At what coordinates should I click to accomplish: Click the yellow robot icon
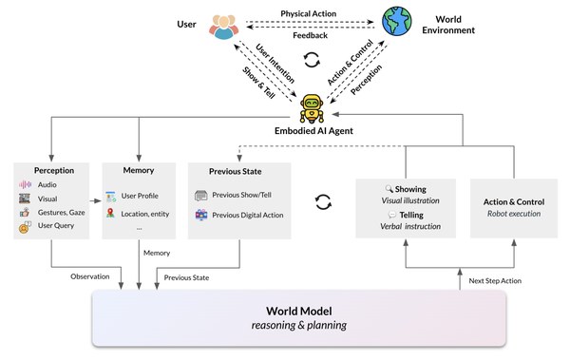coord(312,108)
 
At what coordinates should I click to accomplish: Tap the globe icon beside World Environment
coord(396,21)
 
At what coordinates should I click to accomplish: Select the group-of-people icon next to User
coord(224,27)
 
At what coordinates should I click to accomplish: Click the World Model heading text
coord(299,312)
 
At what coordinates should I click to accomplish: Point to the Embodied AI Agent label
coord(313,131)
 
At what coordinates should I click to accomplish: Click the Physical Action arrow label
coord(308,14)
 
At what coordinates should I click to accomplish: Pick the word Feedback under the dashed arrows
coord(310,35)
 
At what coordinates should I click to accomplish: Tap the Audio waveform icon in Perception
coord(25,184)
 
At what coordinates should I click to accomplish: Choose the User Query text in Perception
coord(56,225)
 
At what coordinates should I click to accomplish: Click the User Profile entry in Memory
coord(140,196)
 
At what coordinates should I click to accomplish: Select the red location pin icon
coord(110,213)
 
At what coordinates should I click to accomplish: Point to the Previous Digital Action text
coord(248,215)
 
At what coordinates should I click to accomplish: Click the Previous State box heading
coord(236,171)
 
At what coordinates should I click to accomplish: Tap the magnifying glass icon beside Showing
coord(389,188)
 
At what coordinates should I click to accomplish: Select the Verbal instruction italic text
coord(410,226)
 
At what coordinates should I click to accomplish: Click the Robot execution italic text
coord(514,214)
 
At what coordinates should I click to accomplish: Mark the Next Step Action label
coord(495,281)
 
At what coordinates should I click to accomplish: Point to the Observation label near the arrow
coord(90,276)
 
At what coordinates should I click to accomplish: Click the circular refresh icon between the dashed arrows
coord(312,60)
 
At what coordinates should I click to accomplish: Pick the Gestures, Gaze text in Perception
coord(62,213)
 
